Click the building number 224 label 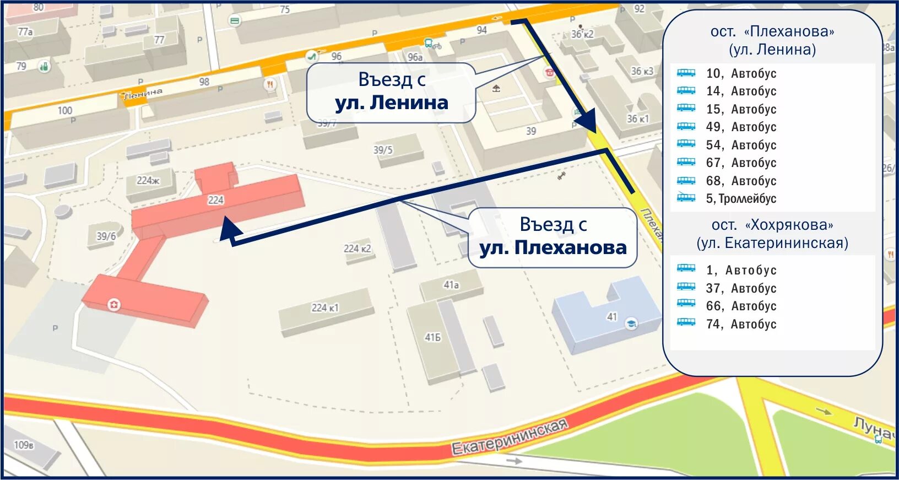[215, 200]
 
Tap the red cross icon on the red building [114, 304]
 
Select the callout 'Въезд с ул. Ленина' [391, 92]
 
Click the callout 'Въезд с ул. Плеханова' [553, 237]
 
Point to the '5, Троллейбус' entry [741, 198]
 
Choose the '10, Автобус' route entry [741, 73]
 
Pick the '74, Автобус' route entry [741, 324]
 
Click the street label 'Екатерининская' [509, 437]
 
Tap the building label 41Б [433, 337]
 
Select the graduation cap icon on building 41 [631, 324]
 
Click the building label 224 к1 [325, 308]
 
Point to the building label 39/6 [106, 236]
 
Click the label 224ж [148, 180]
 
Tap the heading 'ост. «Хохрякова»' [772, 225]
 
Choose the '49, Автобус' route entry [741, 127]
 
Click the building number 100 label [65, 110]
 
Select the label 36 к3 [642, 71]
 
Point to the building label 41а [451, 285]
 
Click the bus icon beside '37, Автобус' [686, 287]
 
